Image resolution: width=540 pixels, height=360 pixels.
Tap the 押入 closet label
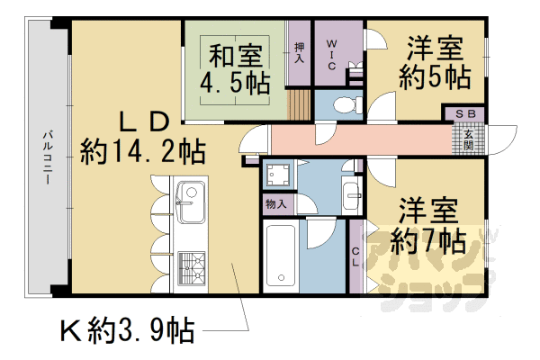pyautogui.click(x=299, y=52)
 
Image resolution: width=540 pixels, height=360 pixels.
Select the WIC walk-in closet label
pyautogui.click(x=330, y=53)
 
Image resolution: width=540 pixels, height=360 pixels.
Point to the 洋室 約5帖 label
pyautogui.click(x=436, y=61)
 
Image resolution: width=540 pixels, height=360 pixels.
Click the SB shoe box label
pyautogui.click(x=464, y=114)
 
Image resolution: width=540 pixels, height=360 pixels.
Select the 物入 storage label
pyautogui.click(x=276, y=204)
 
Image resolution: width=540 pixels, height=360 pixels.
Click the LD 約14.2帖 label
pyautogui.click(x=141, y=135)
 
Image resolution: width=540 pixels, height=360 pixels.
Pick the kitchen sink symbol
pyautogui.click(x=191, y=202)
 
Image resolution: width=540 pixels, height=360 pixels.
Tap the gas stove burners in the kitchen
pyautogui.click(x=191, y=266)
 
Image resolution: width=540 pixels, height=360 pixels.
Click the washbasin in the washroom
pyautogui.click(x=351, y=191)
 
